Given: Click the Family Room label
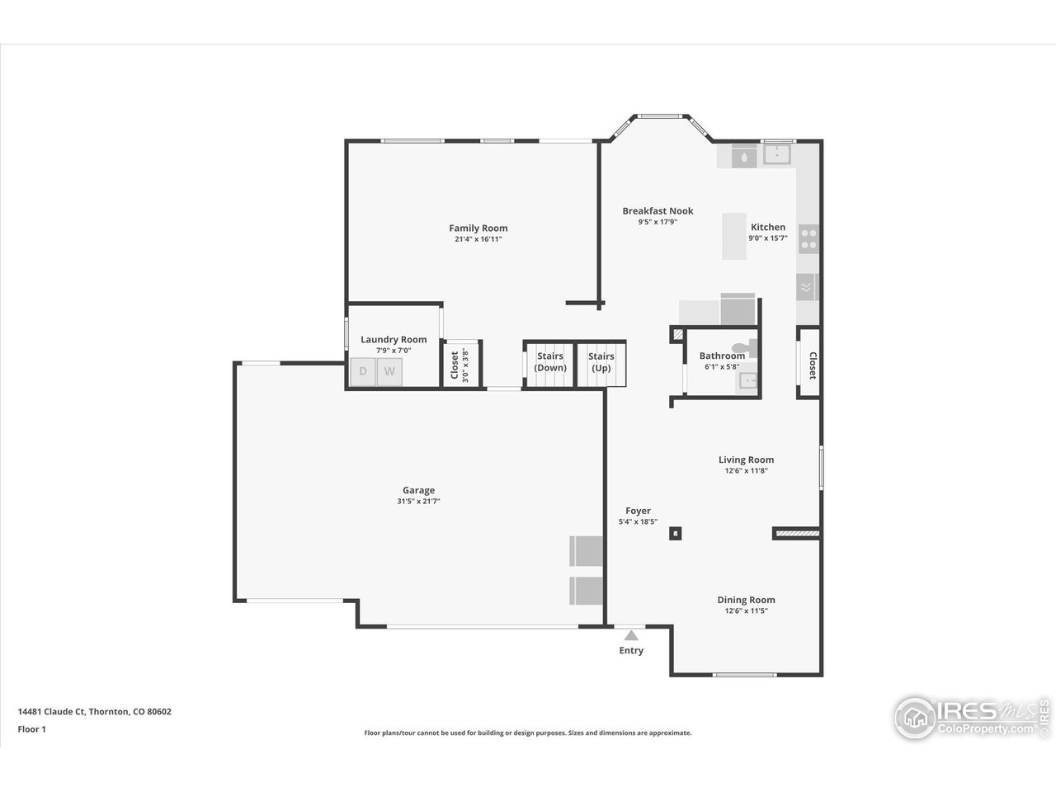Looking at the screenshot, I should (x=478, y=228).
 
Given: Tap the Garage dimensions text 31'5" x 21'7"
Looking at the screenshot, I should (x=418, y=501).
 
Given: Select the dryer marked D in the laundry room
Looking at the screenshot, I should (x=363, y=372).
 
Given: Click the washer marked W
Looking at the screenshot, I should (x=389, y=372).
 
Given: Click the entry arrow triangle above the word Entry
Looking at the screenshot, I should (x=631, y=635).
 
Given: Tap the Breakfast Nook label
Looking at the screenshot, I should (x=658, y=210).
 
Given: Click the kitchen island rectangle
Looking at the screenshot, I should (x=734, y=236).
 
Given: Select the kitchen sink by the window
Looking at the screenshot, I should (x=776, y=153).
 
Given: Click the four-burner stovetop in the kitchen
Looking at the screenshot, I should (x=809, y=238).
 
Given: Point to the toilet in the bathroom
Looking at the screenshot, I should (x=750, y=346).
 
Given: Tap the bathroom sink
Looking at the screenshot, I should (x=748, y=380).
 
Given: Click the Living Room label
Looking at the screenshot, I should (x=746, y=460).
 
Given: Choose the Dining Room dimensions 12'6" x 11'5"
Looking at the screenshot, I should (x=746, y=611).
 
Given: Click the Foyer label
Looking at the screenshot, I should (x=638, y=511).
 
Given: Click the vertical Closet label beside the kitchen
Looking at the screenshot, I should (x=812, y=365).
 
